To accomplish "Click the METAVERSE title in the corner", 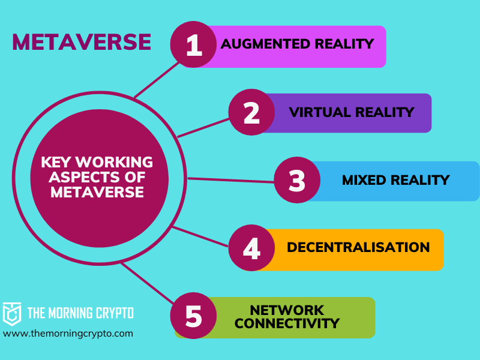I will coord(82,42).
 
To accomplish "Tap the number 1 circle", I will coord(193,46).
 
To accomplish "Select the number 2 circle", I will coord(251,112).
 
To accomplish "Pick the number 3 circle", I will coord(297,180).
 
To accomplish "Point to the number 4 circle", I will coord(251,247).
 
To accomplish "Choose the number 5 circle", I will coord(193,316).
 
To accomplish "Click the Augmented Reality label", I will coord(298,44).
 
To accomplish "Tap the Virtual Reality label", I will coord(351,112).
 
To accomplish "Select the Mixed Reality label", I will coord(395,179).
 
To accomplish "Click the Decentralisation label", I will coord(358,247).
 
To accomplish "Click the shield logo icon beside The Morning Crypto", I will coord(12,313).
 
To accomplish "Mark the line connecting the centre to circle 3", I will coord(231,179).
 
